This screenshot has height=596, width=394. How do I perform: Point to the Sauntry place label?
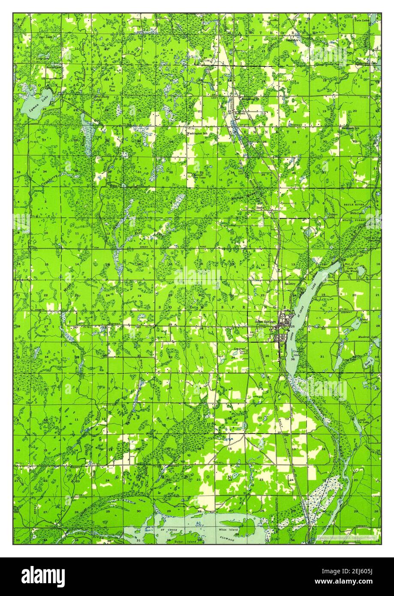[x=290, y=283]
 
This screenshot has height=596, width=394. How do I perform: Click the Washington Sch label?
[x=197, y=133]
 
